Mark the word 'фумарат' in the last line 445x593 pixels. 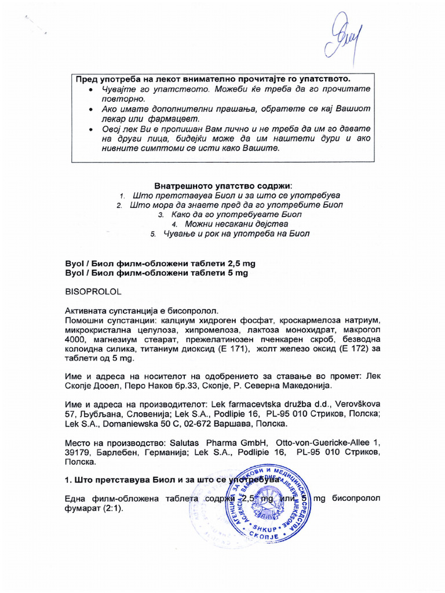tap(83, 509)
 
